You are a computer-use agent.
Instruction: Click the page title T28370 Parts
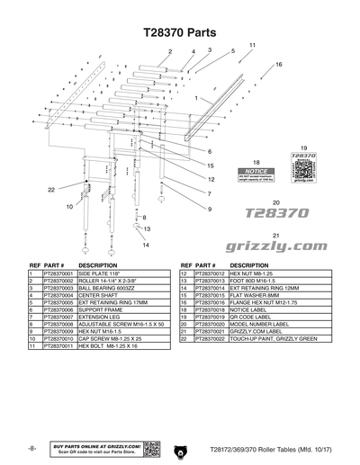[180, 31]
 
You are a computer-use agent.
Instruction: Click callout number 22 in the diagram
[51, 189]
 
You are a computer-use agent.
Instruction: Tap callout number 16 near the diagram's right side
[279, 65]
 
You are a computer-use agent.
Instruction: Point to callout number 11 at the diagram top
[253, 45]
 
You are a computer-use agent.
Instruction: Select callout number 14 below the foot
[145, 245]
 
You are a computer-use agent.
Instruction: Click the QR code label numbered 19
[304, 167]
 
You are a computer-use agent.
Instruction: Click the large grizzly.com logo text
[277, 245]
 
